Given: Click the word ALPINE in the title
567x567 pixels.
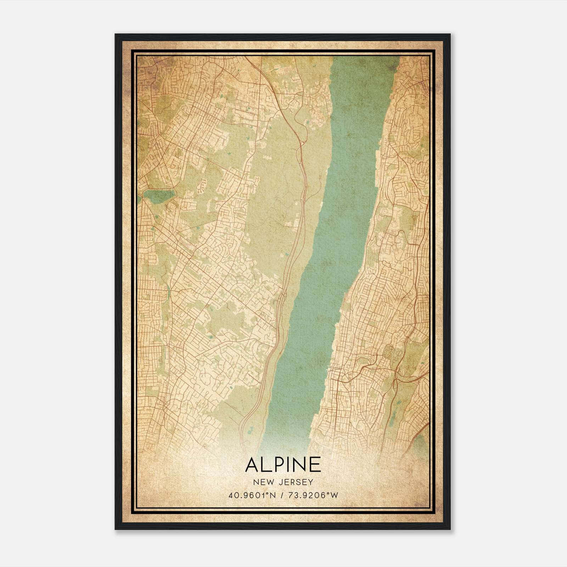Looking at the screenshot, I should pos(283,464).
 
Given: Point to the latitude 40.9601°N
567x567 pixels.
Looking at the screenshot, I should pos(252,495).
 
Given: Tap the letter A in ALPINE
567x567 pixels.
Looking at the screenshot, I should pos(252,464).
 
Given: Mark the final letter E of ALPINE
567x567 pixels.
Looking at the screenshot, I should pos(316,464).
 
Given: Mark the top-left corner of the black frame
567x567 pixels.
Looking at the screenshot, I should pos(116,34).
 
